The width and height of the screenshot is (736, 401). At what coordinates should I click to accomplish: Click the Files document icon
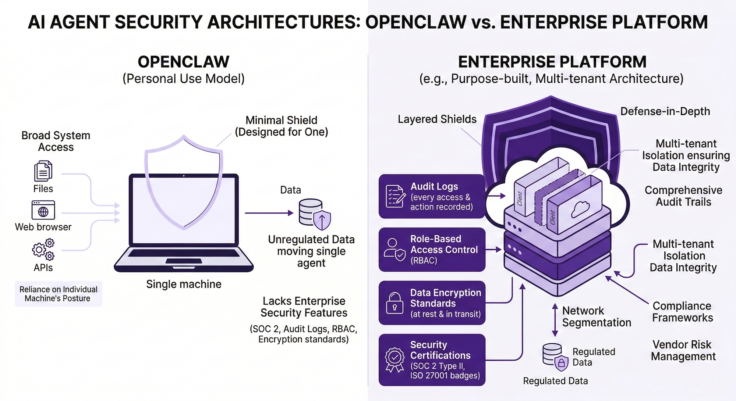(x=43, y=171)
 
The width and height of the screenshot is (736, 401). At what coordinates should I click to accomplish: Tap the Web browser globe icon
(x=43, y=210)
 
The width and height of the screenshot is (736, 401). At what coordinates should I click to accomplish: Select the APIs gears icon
(x=43, y=250)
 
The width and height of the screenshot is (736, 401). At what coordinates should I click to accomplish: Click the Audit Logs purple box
(x=432, y=196)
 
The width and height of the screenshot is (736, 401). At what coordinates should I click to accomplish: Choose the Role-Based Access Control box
(x=432, y=250)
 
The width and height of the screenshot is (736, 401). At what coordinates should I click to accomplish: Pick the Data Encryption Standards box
(x=432, y=303)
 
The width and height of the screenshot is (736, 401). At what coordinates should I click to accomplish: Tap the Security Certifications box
(x=432, y=359)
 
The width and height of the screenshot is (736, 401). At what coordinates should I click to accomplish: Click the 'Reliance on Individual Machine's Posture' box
(x=58, y=294)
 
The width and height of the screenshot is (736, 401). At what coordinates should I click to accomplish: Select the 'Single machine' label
(x=184, y=284)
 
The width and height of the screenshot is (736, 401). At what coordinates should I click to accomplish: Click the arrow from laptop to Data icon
(x=269, y=213)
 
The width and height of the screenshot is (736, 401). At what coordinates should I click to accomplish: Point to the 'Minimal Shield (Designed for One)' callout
(x=282, y=126)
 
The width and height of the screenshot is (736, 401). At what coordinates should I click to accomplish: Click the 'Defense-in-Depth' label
(x=665, y=111)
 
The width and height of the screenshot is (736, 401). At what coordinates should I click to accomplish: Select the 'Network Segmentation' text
(x=596, y=316)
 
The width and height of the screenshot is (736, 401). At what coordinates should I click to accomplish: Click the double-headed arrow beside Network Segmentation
(x=555, y=320)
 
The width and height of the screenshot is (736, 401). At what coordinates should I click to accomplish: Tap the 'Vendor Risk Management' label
(x=683, y=350)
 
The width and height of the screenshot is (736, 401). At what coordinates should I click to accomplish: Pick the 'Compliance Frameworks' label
(x=682, y=312)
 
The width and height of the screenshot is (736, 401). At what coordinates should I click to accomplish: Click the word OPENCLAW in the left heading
(x=184, y=62)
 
